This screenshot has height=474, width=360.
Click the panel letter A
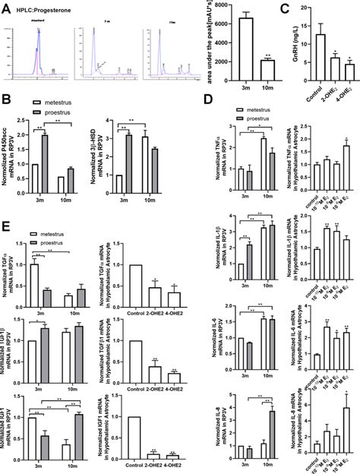(x=6, y=8)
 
